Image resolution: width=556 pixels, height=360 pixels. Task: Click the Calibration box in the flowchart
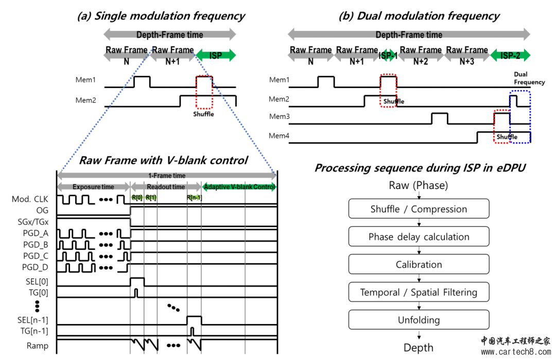coord(419,265)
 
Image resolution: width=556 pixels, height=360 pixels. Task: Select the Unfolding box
coord(419,320)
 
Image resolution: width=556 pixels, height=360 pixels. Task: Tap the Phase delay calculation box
coord(419,237)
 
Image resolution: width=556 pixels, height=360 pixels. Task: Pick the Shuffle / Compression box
coord(419,209)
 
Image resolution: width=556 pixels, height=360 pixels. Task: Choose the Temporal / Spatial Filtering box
coord(419,293)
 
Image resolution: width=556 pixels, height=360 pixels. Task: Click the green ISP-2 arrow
coord(510,55)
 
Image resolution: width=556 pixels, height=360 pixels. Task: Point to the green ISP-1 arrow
coord(388,55)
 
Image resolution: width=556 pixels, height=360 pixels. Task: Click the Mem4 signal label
coord(279,136)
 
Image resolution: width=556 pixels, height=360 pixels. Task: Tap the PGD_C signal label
coord(36,255)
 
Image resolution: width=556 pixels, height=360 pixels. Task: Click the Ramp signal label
coord(38,346)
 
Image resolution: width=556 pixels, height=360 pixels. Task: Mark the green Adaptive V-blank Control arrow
coord(239,186)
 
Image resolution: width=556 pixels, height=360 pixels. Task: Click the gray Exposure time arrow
coord(93,186)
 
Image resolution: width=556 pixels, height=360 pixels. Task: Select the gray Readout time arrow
coord(165,186)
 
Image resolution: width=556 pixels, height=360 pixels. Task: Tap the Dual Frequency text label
coord(529,78)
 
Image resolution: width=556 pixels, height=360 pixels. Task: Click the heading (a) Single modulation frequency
coord(161,16)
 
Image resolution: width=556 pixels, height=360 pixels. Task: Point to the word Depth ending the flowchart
coord(418,348)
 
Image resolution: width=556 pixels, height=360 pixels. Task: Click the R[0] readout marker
coord(137,197)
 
